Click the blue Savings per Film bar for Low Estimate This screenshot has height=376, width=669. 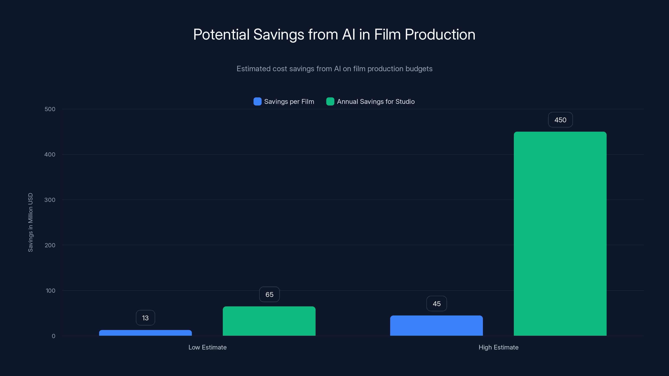pos(146,333)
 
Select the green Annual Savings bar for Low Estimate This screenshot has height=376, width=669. pos(269,321)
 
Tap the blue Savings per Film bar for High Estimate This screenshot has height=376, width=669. pos(436,326)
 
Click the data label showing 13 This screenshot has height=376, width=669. pos(146,318)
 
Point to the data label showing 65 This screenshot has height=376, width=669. pos(269,295)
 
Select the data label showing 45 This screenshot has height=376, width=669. pos(437,304)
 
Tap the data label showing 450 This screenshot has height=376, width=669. pos(560,120)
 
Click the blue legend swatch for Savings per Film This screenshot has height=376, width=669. pos(257,102)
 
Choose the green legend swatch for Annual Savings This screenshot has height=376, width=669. pos(330,102)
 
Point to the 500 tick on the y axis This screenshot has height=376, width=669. pos(50,109)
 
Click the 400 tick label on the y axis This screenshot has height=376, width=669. pos(50,155)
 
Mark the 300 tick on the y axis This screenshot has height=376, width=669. pos(50,200)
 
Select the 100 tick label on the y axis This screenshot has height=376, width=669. pos(50,291)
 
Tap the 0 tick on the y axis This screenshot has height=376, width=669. pos(54,336)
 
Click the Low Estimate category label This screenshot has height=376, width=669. pos(208,347)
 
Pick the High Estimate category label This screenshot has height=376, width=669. pos(498,347)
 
